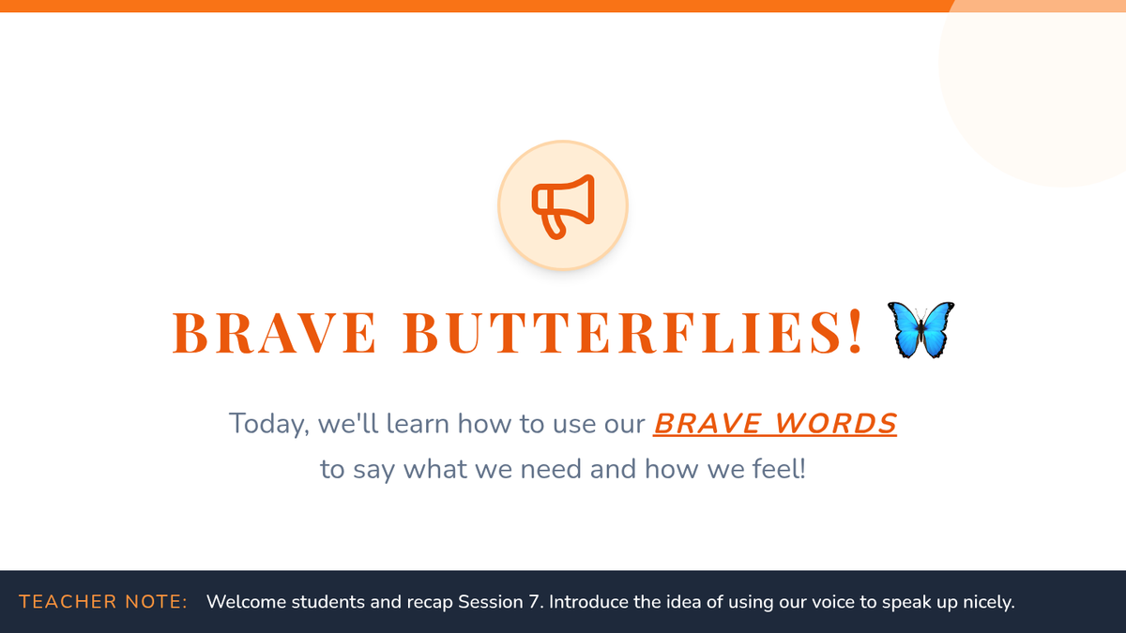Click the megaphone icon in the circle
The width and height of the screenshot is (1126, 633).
click(563, 206)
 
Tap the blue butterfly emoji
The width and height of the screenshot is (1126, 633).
click(921, 330)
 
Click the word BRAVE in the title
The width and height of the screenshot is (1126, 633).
click(274, 333)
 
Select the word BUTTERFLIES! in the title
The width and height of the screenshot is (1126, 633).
click(632, 333)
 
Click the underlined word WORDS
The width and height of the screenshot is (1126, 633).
click(836, 424)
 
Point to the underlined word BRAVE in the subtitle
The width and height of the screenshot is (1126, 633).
click(708, 424)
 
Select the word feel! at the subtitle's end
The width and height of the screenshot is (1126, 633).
click(779, 469)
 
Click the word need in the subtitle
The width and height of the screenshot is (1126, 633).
click(551, 469)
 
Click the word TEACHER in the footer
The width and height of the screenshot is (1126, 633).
click(68, 602)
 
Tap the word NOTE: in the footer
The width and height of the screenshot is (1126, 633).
click(157, 602)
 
